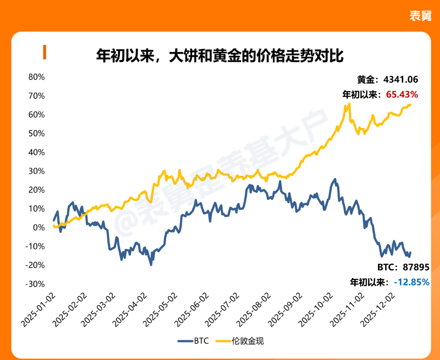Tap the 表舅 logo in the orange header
(420, 16)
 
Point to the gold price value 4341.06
(401, 80)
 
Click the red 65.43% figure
(402, 95)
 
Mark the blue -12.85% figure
(411, 282)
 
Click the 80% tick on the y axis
(36, 77)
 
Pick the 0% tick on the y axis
(39, 227)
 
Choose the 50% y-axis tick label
(36, 133)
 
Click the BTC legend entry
(193, 341)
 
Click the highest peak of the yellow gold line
(348, 104)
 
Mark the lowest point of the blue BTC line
(151, 265)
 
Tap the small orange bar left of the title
(44, 52)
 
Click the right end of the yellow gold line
(410, 105)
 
